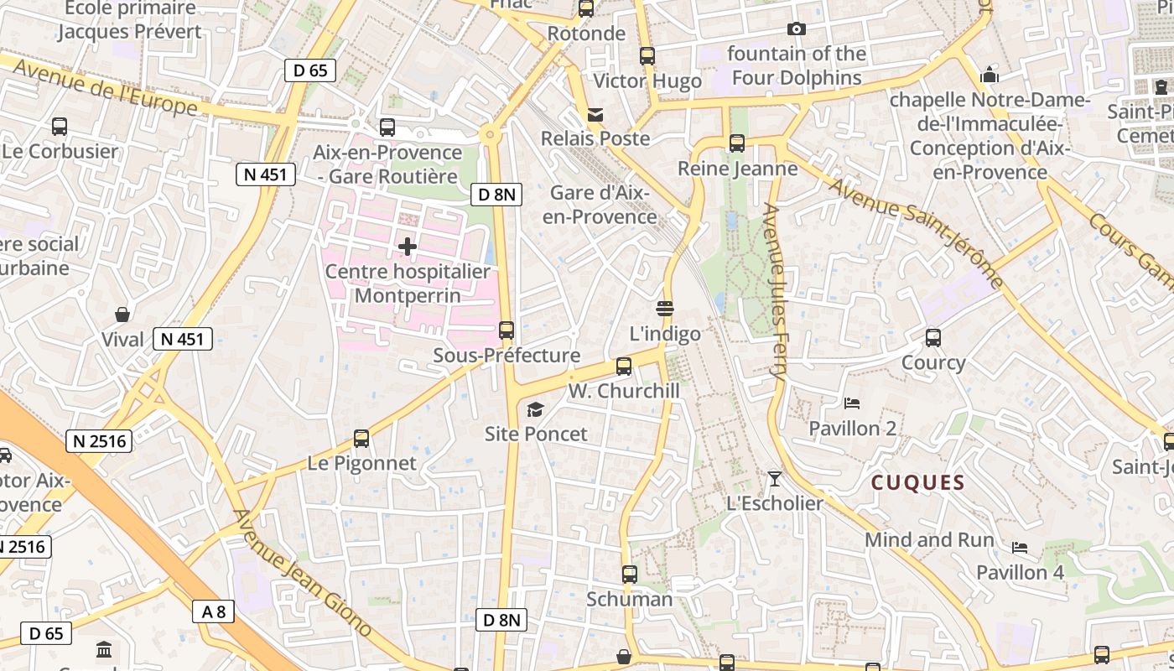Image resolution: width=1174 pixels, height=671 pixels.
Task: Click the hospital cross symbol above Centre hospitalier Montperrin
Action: click(408, 247)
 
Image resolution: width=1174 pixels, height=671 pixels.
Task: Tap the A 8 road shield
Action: click(214, 611)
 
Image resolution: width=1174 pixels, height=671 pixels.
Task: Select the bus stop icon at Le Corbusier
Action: click(60, 127)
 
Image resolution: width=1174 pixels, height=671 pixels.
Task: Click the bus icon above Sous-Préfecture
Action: click(506, 330)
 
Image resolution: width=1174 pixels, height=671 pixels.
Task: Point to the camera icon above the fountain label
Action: click(797, 29)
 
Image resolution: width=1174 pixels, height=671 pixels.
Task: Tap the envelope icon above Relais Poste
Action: click(595, 114)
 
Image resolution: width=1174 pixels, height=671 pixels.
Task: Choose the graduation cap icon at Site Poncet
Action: click(535, 409)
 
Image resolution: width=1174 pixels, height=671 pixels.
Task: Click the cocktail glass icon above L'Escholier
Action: click(774, 479)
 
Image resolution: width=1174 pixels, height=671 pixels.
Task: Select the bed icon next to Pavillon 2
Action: click(852, 403)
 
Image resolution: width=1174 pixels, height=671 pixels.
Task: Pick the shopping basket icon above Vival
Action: click(122, 315)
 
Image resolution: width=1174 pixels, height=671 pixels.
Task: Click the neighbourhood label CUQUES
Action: click(918, 482)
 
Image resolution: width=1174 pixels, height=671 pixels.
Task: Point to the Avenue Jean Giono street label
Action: click(302, 572)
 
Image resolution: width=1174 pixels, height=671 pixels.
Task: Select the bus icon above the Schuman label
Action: click(630, 575)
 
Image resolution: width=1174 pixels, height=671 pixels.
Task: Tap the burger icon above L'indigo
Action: click(666, 308)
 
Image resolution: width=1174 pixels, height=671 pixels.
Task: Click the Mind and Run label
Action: click(929, 539)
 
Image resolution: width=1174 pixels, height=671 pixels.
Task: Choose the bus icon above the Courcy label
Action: click(933, 338)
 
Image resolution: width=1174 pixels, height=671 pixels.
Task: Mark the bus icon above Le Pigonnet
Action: click(361, 439)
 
